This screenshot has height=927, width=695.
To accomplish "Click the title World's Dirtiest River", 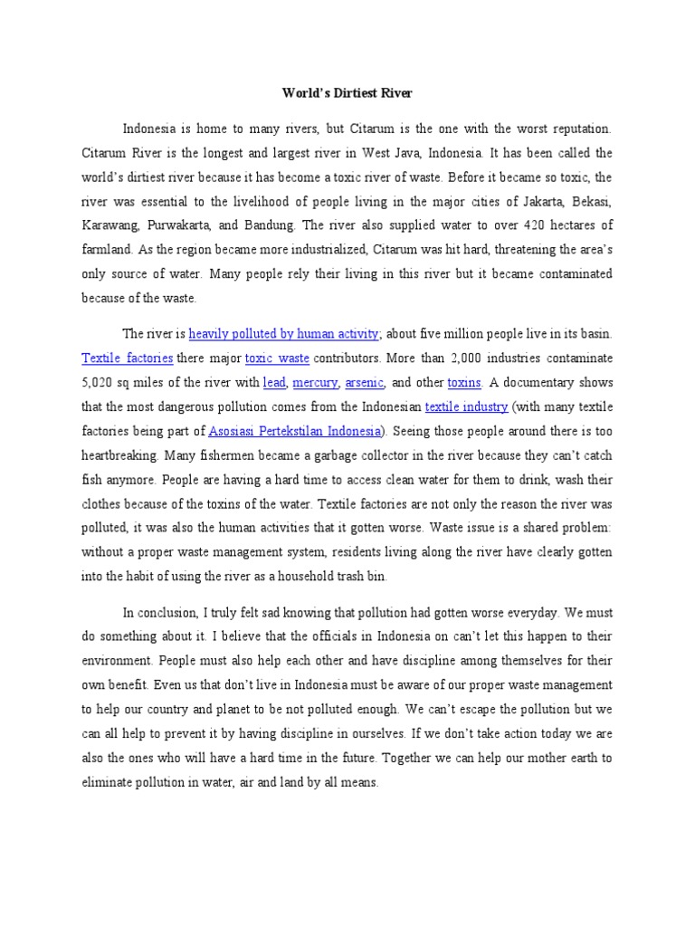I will pos(347,93).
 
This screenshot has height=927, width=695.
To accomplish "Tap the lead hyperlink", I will pos(273,382).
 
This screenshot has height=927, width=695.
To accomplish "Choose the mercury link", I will pos(316,382).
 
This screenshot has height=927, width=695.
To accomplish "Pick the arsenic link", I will pos(365,382).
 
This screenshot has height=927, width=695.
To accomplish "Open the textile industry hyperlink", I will pos(466,406).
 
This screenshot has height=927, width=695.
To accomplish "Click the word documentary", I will pos(545,382).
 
